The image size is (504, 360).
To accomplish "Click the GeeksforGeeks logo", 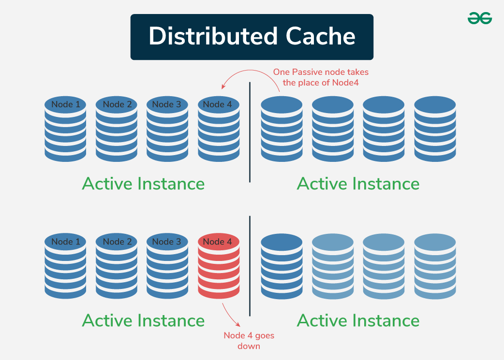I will point(479,18).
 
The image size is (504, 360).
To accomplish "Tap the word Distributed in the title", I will point(209,37).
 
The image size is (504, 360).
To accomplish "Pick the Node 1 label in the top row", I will point(65,104).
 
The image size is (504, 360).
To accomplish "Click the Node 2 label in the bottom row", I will point(117,242).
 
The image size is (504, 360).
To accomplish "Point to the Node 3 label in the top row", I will point(167,104).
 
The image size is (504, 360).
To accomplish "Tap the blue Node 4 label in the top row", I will point(219,104).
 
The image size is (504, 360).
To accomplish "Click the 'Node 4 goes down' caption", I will point(249,341).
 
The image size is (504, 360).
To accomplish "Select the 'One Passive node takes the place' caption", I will point(320,77).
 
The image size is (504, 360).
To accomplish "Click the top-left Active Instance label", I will point(143,184).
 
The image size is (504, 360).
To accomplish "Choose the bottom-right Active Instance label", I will point(358,320).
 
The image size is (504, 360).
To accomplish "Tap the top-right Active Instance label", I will point(358,184).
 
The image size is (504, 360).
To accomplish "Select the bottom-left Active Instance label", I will point(143,320).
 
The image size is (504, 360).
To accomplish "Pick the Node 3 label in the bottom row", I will point(167,242).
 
